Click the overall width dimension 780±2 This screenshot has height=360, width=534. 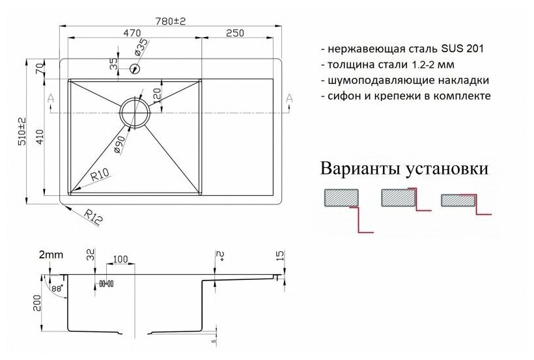pyautogui.click(x=171, y=21)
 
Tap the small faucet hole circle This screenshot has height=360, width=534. pyautogui.click(x=135, y=67)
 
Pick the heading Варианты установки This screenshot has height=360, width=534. pyautogui.click(x=404, y=170)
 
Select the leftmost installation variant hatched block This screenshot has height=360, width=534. pyautogui.click(x=341, y=199)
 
